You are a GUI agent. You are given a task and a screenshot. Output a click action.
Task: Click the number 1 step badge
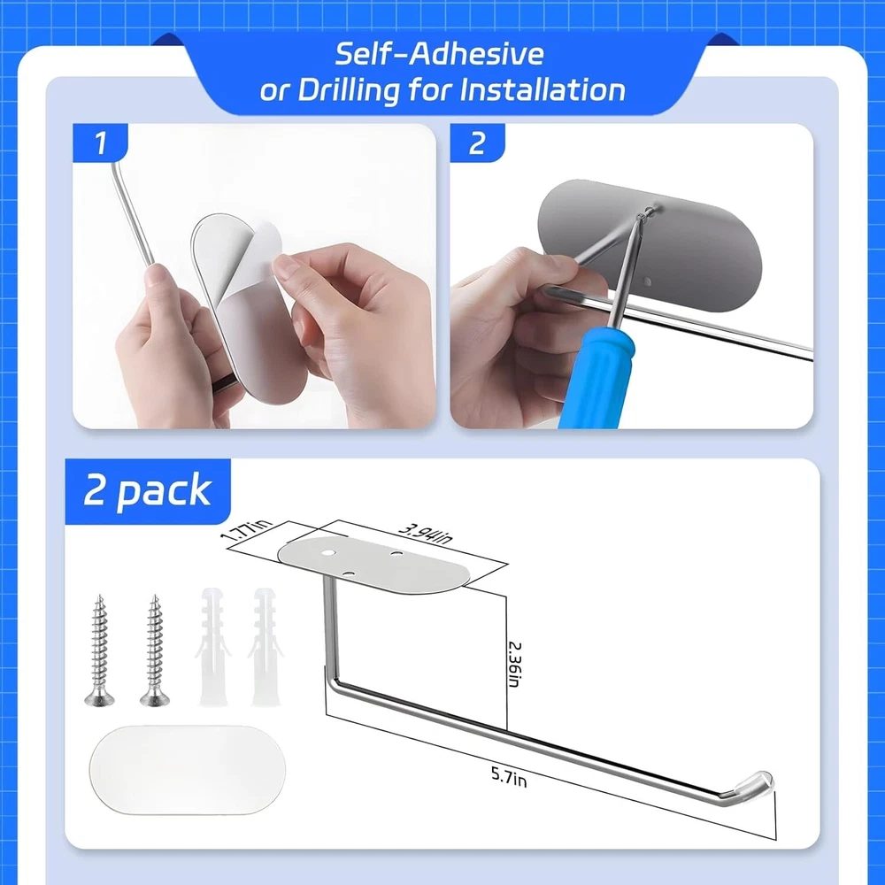click(x=100, y=142)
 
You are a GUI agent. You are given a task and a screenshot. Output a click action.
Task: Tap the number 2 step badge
click(x=477, y=142)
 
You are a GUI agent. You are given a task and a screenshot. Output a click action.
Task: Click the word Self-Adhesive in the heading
click(x=440, y=54)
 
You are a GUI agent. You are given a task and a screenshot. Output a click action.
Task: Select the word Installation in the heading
click(x=543, y=90)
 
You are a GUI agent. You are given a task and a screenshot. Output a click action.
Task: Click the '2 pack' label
click(x=147, y=490)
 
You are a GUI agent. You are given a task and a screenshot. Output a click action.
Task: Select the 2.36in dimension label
click(x=513, y=664)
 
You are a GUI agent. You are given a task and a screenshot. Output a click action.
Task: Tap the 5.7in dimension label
click(x=509, y=777)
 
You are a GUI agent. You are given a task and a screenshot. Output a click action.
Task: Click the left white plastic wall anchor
click(x=212, y=648)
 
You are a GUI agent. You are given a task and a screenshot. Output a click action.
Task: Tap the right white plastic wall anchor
click(x=265, y=648)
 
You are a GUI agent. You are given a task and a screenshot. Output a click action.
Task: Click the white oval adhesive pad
click(x=188, y=770)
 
